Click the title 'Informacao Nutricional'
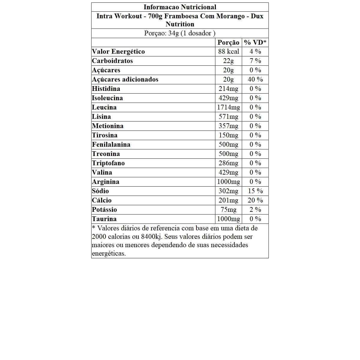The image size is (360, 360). pyautogui.click(x=180, y=7)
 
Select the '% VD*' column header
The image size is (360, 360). pyautogui.click(x=255, y=43)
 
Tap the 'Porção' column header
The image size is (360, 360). pyautogui.click(x=228, y=43)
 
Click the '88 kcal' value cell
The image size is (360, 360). pyautogui.click(x=229, y=52)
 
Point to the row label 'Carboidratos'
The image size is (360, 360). pyautogui.click(x=112, y=61)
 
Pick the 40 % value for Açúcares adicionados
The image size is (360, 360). pyautogui.click(x=255, y=79)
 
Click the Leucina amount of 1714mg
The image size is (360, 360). pyautogui.click(x=229, y=107)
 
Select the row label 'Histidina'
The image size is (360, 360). pyautogui.click(x=106, y=89)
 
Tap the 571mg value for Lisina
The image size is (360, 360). pyautogui.click(x=229, y=117)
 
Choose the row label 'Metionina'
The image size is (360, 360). pyautogui.click(x=108, y=126)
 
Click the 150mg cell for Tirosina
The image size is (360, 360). pyautogui.click(x=229, y=135)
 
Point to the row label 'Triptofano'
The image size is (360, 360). pyautogui.click(x=108, y=163)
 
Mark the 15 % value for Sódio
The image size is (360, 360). pyautogui.click(x=255, y=191)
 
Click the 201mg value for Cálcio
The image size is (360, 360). pyautogui.click(x=229, y=200)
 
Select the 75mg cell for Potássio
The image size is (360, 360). pyautogui.click(x=229, y=210)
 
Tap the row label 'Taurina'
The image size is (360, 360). pyautogui.click(x=104, y=219)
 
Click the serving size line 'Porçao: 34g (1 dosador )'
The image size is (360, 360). pyautogui.click(x=180, y=33)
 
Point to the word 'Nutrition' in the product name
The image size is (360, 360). pyautogui.click(x=180, y=24)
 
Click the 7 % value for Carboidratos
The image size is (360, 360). pyautogui.click(x=255, y=61)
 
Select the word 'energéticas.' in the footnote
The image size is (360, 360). pyautogui.click(x=109, y=253)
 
